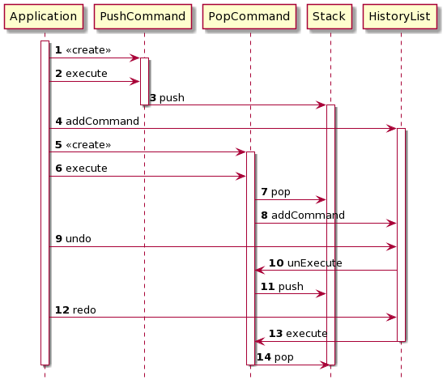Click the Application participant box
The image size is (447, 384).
point(45,15)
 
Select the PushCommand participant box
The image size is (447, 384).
point(143,15)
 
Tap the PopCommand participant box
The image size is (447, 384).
point(249,15)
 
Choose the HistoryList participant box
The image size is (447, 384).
point(400,15)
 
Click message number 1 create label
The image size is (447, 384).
point(83,50)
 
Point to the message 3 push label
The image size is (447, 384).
point(167,97)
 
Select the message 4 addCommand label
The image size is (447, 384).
point(96,121)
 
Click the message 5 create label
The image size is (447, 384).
point(83,144)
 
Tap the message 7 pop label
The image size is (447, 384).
point(275,191)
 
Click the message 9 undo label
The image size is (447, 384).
point(73,239)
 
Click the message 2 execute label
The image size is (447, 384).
point(81,74)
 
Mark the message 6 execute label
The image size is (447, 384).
point(81,168)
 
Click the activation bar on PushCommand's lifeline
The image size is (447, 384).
point(144,81)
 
